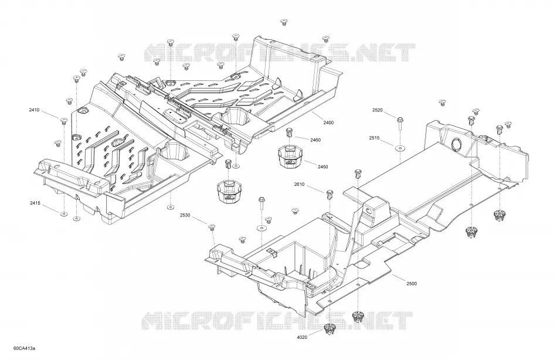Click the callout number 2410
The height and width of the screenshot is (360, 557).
click(34, 110)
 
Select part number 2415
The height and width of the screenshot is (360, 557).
click(35, 203)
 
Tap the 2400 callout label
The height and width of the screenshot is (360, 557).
click(328, 123)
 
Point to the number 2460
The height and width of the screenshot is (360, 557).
click(315, 140)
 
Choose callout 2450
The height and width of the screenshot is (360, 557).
click(322, 167)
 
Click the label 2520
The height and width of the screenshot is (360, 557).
click(377, 110)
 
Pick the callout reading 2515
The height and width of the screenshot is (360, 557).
click(374, 138)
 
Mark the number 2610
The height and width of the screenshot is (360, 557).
click(299, 184)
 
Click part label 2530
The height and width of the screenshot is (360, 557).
click(185, 215)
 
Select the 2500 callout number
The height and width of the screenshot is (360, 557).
click(412, 284)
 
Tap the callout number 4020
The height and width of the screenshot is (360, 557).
click(302, 337)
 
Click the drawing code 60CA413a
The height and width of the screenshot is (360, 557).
click(25, 348)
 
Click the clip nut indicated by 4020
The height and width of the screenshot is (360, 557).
click(330, 329)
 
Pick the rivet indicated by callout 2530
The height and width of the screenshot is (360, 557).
click(212, 227)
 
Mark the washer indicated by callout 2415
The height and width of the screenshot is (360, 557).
click(63, 213)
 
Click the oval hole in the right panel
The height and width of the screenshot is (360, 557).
click(456, 144)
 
